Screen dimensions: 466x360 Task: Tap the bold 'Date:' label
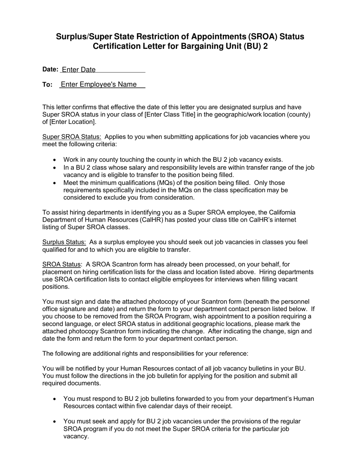50,69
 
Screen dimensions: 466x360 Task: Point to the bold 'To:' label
47,84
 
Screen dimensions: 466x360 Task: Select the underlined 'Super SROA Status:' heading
72,137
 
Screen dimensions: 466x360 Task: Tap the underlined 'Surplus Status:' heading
64,242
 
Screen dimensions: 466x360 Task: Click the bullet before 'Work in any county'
55,160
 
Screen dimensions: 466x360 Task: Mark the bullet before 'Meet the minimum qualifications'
55,183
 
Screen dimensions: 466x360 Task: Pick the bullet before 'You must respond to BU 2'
55,399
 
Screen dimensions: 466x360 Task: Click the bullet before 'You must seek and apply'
55,422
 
